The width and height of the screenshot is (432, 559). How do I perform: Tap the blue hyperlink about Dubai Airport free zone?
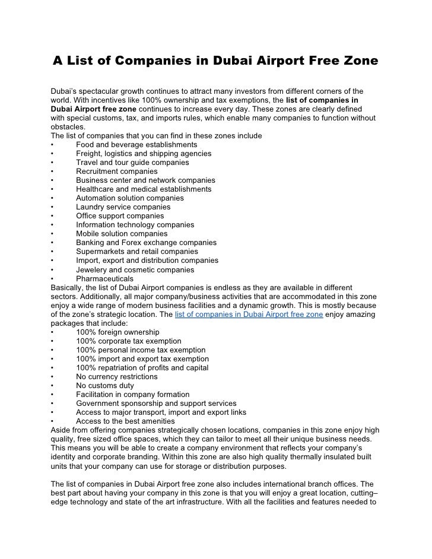click(x=249, y=315)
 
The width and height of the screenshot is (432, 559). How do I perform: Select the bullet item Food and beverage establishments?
click(x=136, y=145)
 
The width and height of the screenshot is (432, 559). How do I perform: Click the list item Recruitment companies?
click(x=116, y=171)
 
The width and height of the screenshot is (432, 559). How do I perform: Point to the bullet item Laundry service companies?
click(x=123, y=207)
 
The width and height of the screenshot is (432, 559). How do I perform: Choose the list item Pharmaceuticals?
click(x=104, y=278)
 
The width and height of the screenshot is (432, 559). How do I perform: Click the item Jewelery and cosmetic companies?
click(x=135, y=269)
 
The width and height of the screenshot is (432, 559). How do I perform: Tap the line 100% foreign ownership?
click(x=117, y=332)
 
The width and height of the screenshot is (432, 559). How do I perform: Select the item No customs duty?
click(x=105, y=386)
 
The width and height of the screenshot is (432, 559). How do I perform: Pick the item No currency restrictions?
click(x=116, y=377)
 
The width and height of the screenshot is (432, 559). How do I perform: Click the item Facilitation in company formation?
click(x=133, y=395)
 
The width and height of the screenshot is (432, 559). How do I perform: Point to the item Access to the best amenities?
click(x=125, y=421)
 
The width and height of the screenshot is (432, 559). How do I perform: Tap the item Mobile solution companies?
click(x=122, y=234)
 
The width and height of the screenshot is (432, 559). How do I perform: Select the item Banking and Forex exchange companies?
click(x=146, y=243)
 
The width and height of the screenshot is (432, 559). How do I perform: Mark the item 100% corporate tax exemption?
click(x=129, y=341)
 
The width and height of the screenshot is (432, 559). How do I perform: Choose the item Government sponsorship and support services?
click(x=156, y=404)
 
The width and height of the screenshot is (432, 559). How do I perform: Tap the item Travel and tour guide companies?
click(x=132, y=163)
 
